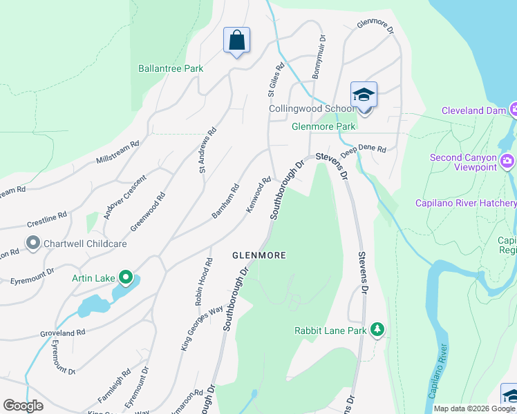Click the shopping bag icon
pyautogui.click(x=236, y=41)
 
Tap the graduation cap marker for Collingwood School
pyautogui.click(x=364, y=95)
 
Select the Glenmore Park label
pyautogui.click(x=323, y=127)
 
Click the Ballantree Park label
pyautogui.click(x=171, y=68)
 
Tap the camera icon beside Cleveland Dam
pyautogui.click(x=514, y=110)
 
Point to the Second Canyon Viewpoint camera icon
pyautogui.click(x=508, y=161)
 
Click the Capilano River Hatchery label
pyautogui.click(x=465, y=203)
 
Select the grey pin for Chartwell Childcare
pyautogui.click(x=32, y=243)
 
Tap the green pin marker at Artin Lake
pyautogui.click(x=125, y=278)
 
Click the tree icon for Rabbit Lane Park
pyautogui.click(x=377, y=331)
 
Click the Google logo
pyautogui.click(x=23, y=406)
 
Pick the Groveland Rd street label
pyautogui.click(x=62, y=333)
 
